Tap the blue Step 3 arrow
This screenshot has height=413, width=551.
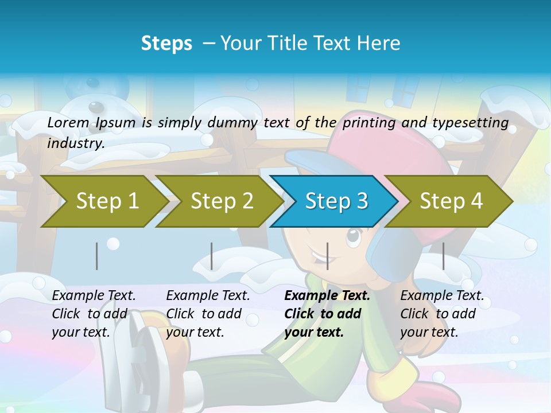(x=336, y=201)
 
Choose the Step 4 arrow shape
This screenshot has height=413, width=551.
(x=451, y=201)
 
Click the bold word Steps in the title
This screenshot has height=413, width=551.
(x=166, y=44)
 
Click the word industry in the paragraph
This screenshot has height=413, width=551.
(x=76, y=143)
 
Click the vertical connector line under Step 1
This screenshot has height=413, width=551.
(x=97, y=256)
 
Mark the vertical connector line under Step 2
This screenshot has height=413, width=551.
(x=212, y=256)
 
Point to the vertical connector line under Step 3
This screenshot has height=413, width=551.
(x=328, y=256)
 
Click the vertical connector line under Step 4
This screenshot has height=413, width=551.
(x=444, y=256)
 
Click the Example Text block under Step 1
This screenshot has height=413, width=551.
(x=94, y=314)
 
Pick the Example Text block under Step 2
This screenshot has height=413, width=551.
(x=208, y=314)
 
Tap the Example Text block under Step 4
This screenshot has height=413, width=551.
(x=442, y=314)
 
